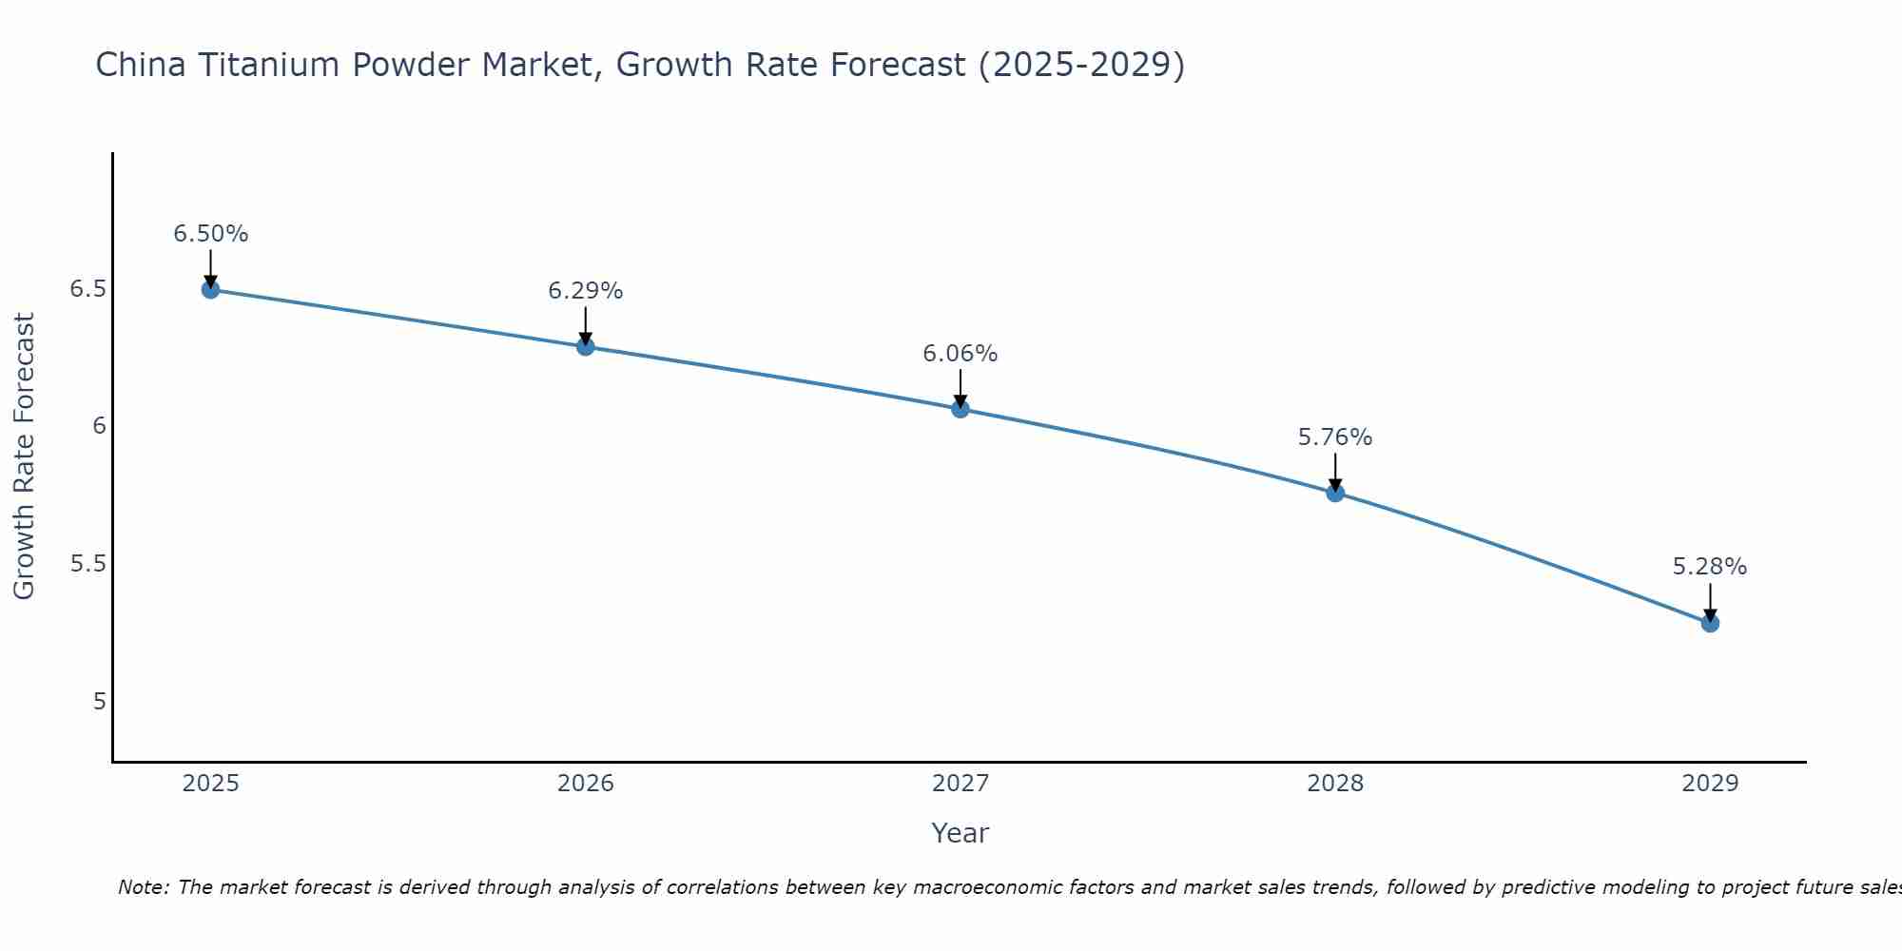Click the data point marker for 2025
[211, 289]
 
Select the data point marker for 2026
[586, 346]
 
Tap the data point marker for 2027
[961, 409]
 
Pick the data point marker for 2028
[1335, 493]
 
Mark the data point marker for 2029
[1710, 623]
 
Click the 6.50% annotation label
[211, 234]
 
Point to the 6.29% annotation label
[586, 291]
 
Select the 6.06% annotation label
[961, 354]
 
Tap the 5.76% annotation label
[1335, 437]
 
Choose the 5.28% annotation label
[1710, 567]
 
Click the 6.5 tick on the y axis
[87, 289]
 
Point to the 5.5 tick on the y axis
[87, 564]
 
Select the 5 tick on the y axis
[99, 702]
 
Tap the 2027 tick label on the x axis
[961, 784]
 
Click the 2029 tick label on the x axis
[1710, 784]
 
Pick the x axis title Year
[961, 833]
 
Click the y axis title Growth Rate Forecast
[25, 456]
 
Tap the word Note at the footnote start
[143, 887]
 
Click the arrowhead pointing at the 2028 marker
[1335, 485]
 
